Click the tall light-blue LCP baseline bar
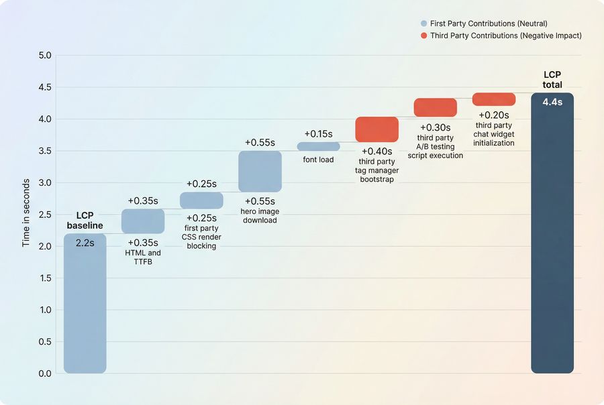tap(85, 308)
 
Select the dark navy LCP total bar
tap(552, 241)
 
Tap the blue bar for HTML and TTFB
tap(143, 221)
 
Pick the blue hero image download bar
tap(260, 172)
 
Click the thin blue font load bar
tap(319, 146)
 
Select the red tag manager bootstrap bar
tap(376, 129)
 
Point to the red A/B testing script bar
tap(435, 107)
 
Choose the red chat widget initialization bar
tap(494, 99)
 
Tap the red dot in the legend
tap(424, 36)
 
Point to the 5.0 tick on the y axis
tap(45, 55)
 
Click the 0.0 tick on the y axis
tap(45, 373)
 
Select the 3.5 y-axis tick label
tap(45, 151)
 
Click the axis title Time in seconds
tap(26, 213)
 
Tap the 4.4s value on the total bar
tap(552, 103)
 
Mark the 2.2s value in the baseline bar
tap(85, 243)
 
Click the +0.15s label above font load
tap(318, 134)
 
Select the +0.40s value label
tap(376, 152)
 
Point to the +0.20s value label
tap(494, 115)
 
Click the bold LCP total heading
tap(552, 80)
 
